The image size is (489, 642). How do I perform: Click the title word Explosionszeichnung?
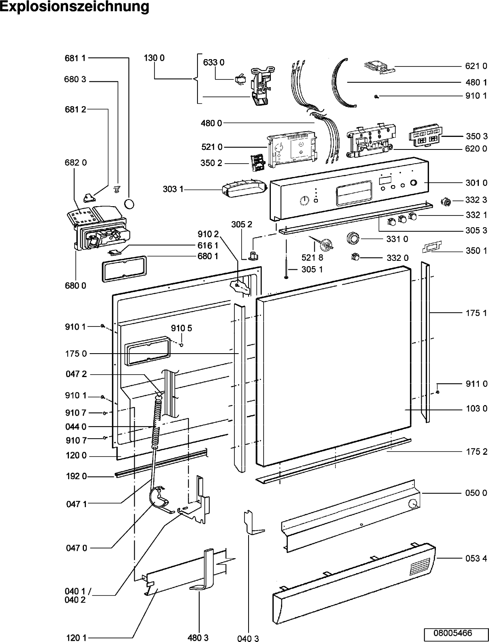[x=74, y=7]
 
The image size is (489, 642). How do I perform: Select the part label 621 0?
[x=476, y=66]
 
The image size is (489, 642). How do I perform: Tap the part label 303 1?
[x=173, y=189]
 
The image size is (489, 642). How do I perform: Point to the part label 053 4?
[x=476, y=558]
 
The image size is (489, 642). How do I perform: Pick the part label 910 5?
[x=182, y=328]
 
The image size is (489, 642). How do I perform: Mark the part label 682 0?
[x=76, y=162]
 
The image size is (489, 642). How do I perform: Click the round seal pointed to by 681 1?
[x=129, y=204]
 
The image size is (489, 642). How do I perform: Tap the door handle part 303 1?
[x=244, y=188]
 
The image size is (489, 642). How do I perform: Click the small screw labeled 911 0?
[x=438, y=392]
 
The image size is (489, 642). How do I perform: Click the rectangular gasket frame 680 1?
[x=124, y=269]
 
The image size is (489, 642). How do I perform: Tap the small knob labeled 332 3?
[x=446, y=202]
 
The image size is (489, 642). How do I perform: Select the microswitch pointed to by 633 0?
[x=240, y=81]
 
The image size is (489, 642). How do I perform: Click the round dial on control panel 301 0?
[x=305, y=200]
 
